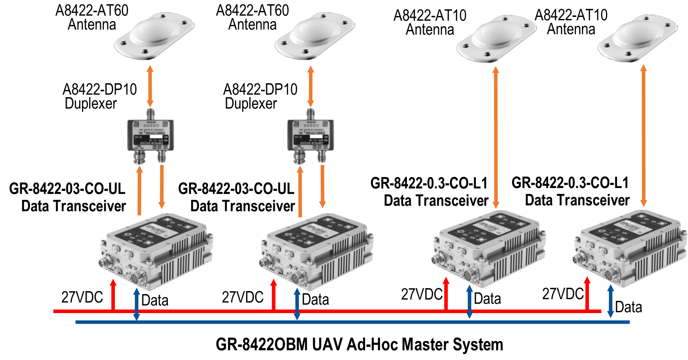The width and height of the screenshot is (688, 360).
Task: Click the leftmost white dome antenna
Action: pyautogui.click(x=154, y=36)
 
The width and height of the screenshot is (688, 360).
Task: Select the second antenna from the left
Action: pyautogui.click(x=315, y=36)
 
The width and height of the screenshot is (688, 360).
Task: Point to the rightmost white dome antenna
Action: pyautogui.click(x=637, y=38)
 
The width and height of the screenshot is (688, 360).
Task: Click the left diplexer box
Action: pyautogui.click(x=150, y=135)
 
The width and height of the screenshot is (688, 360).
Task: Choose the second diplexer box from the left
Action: pyautogui.click(x=311, y=135)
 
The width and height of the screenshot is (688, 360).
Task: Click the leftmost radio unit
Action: pyautogui.click(x=156, y=251)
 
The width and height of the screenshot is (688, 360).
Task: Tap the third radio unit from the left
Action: pyautogui.click(x=489, y=249)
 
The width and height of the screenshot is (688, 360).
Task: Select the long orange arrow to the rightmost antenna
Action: pyautogui.click(x=644, y=135)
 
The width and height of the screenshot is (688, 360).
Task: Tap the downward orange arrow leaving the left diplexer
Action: pyautogui.click(x=161, y=186)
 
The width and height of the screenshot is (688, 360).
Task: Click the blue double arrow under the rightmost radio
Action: pyautogui.click(x=610, y=301)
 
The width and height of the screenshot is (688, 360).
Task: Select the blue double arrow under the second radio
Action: pyautogui.click(x=297, y=303)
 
